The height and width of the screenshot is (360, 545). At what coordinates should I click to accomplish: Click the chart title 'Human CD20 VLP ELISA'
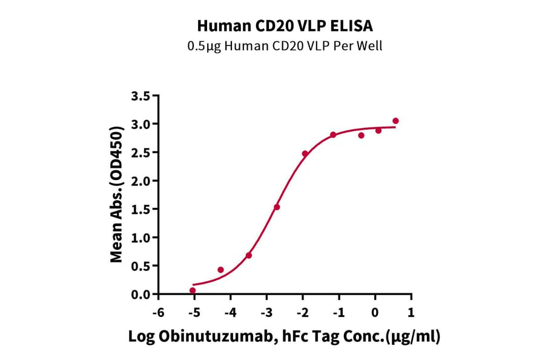(285, 26)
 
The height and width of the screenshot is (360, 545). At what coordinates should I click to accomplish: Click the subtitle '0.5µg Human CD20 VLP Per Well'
(285, 46)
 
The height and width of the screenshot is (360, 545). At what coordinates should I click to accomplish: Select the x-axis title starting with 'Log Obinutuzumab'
(284, 337)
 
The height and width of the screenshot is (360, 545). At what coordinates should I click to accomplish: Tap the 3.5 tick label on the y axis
(140, 96)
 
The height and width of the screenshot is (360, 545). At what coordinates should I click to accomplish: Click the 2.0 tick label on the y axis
(140, 181)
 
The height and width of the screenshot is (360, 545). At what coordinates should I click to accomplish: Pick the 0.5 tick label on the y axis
(140, 266)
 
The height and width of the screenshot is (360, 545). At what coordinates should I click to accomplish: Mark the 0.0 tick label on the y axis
(140, 295)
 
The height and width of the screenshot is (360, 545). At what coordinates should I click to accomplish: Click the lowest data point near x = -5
(193, 291)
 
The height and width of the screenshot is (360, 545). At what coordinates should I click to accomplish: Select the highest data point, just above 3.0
(395, 121)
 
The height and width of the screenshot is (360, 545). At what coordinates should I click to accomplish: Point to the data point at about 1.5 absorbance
(277, 207)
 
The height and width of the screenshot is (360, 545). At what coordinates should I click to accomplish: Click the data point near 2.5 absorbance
(305, 154)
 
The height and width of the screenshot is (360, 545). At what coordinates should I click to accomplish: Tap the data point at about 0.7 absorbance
(249, 256)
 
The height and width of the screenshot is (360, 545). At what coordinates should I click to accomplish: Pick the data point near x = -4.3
(220, 270)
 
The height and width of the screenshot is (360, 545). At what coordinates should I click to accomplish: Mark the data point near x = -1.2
(333, 135)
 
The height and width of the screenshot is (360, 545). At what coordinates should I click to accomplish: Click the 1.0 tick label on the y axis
(140, 238)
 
